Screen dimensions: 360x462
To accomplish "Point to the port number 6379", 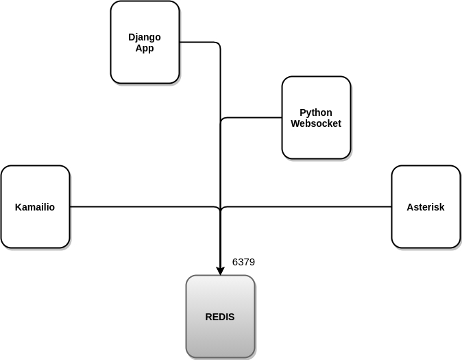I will click(x=243, y=262).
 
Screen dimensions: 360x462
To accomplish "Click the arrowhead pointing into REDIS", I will click(x=220, y=270).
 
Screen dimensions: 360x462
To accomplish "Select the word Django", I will click(x=145, y=37).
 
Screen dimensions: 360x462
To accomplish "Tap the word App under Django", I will click(x=145, y=48).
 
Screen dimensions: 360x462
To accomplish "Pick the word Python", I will click(x=316, y=112).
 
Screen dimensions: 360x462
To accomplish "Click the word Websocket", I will click(x=316, y=123).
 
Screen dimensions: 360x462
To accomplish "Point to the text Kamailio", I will click(x=35, y=207).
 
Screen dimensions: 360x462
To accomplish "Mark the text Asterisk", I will click(x=426, y=207).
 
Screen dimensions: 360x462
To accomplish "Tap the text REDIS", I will click(x=220, y=317).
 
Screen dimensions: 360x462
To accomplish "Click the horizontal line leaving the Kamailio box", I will click(x=137, y=206).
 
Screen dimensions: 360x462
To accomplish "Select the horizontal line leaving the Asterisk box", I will click(x=308, y=206).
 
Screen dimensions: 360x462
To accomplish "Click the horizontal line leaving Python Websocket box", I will click(x=254, y=117).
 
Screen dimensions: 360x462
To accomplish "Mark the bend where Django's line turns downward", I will click(x=219, y=44).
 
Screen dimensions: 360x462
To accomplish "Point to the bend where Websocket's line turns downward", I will click(x=222, y=119).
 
